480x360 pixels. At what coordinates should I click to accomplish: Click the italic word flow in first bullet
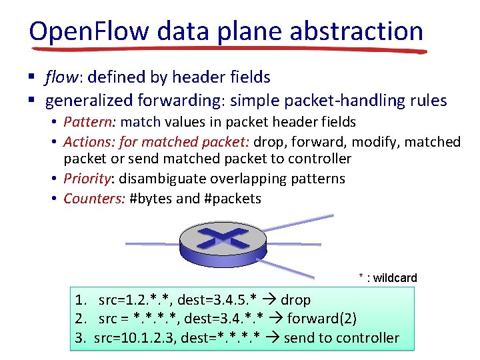tap(60, 78)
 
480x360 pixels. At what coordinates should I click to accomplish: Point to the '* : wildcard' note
tap(388, 278)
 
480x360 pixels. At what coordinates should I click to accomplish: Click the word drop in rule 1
tap(295, 300)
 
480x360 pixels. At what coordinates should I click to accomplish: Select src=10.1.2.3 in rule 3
tap(133, 338)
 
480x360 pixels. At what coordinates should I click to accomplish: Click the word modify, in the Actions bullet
tap(372, 142)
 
